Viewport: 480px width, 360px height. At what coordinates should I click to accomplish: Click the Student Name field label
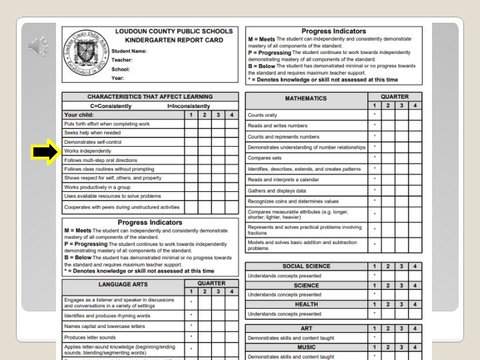coord(129,51)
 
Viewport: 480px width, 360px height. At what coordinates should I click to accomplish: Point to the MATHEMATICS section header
coord(306,98)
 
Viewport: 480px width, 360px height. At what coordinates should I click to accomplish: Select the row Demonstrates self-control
coord(93,142)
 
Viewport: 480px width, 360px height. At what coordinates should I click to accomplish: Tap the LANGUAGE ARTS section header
coord(123,284)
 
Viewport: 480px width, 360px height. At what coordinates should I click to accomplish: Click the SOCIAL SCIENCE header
coord(306,266)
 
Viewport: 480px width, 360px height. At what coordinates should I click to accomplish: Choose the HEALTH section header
coord(306,304)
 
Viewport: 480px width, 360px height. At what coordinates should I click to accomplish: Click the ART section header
coord(306,329)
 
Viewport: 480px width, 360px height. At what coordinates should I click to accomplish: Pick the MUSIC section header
coord(306,347)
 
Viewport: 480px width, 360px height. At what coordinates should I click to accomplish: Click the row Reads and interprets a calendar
coord(283,179)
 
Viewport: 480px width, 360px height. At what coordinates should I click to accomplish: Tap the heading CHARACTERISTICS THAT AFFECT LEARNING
coord(150,97)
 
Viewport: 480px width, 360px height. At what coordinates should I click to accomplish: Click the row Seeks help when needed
coord(93,133)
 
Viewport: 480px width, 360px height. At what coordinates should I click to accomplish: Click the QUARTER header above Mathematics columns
coord(395,96)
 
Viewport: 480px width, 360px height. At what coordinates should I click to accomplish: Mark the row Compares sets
coord(265,158)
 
